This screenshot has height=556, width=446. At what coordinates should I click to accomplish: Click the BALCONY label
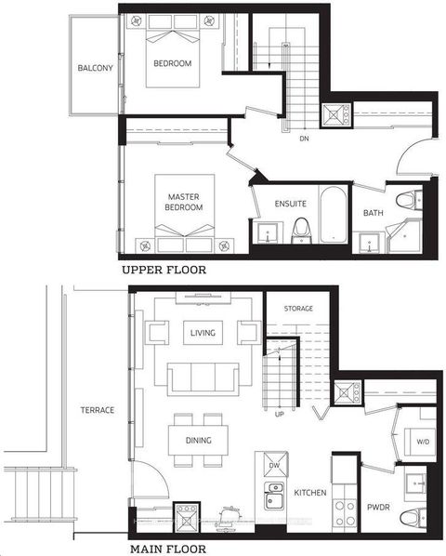point(96,68)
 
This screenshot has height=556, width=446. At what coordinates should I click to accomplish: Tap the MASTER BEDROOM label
point(185,203)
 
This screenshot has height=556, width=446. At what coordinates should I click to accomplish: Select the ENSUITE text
point(291,204)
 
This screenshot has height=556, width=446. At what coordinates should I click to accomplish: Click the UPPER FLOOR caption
point(164,271)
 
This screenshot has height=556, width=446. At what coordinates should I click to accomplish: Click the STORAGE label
point(298,309)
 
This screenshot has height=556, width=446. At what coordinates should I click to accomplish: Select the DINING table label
point(198,440)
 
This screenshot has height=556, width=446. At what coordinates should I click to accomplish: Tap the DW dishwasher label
point(273,463)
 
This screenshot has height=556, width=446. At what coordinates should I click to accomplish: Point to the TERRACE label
point(97,410)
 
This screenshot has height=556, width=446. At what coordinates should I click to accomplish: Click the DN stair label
point(303,139)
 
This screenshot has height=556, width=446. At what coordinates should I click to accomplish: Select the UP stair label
point(279,414)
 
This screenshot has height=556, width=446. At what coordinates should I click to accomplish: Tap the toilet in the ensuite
point(300,228)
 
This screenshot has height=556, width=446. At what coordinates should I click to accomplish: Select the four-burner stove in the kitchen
point(345,511)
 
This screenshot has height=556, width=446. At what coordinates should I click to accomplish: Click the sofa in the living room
point(202,377)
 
